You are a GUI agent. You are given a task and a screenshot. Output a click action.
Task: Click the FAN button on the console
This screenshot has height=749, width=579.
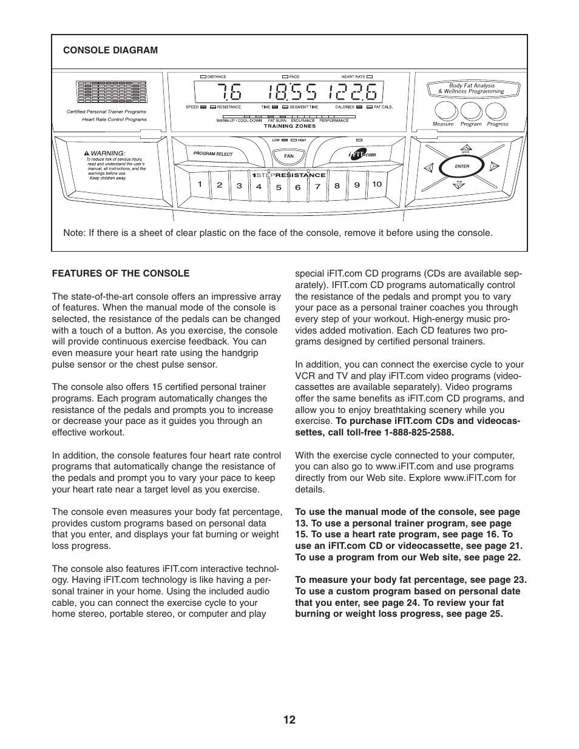289,156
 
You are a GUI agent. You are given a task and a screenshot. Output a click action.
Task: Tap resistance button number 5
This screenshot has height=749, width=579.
279,187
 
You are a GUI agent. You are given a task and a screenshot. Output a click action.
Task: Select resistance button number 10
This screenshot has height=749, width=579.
377,184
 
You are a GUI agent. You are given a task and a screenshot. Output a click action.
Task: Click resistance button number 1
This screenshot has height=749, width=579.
199,184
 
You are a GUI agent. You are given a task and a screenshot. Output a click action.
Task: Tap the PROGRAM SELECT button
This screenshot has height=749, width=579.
213,154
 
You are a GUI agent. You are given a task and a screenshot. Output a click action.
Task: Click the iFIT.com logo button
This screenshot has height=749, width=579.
362,155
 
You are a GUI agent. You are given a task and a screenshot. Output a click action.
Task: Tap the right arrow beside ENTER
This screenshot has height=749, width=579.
495,166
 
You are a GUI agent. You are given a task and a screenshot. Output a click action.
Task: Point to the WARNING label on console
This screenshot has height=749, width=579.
107,153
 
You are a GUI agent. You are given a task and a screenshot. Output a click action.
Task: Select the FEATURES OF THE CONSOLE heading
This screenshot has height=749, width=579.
120,274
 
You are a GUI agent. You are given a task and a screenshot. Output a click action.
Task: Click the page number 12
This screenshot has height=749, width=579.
289,720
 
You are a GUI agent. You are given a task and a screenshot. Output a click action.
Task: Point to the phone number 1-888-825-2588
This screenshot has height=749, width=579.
419,432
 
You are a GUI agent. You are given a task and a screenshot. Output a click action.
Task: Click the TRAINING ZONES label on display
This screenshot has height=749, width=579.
289,126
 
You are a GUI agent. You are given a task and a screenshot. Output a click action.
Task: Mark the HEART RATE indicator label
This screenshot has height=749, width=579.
353,77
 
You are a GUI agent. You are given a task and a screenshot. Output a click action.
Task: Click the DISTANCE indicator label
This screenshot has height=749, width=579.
217,77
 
